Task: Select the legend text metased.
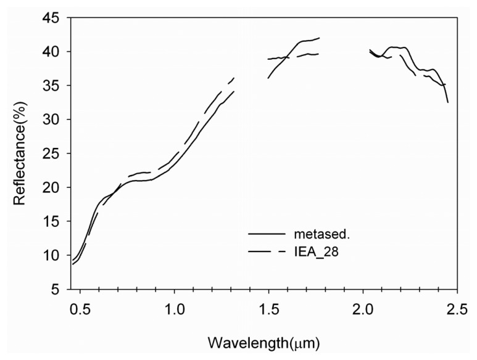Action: (319, 234)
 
